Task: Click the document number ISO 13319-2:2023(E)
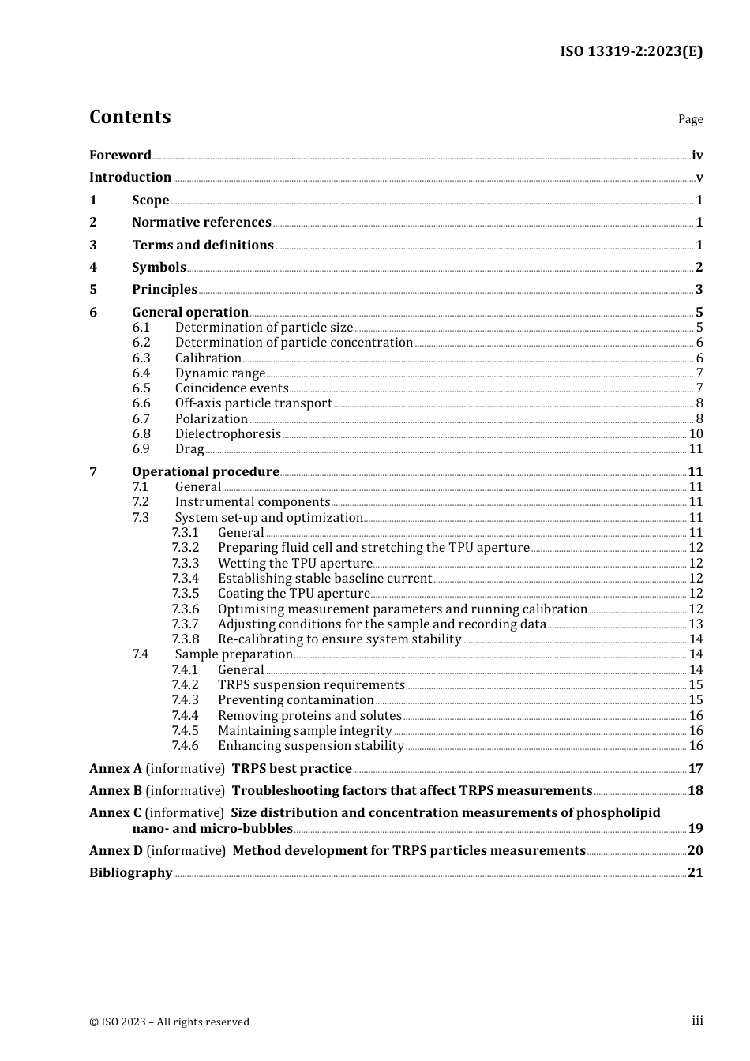tap(631, 51)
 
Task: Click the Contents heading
tap(129, 117)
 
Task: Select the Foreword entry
tap(120, 155)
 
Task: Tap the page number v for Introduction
tap(699, 178)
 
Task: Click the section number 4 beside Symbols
tap(93, 267)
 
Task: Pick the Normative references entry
tap(201, 223)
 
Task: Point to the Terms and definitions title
tap(203, 245)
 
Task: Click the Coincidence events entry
tap(232, 388)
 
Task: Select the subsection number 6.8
tap(141, 433)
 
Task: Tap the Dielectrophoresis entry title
tap(227, 433)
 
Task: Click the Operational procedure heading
tap(205, 471)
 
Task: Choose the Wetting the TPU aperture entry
tap(294, 563)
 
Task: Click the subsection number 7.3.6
tap(186, 609)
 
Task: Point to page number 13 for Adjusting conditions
tap(696, 624)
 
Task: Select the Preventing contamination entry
tap(295, 700)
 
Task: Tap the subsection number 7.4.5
tap(186, 730)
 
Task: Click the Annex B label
tap(115, 790)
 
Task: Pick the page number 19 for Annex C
tap(696, 828)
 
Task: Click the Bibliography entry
tap(130, 872)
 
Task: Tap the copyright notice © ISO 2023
tap(169, 1022)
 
